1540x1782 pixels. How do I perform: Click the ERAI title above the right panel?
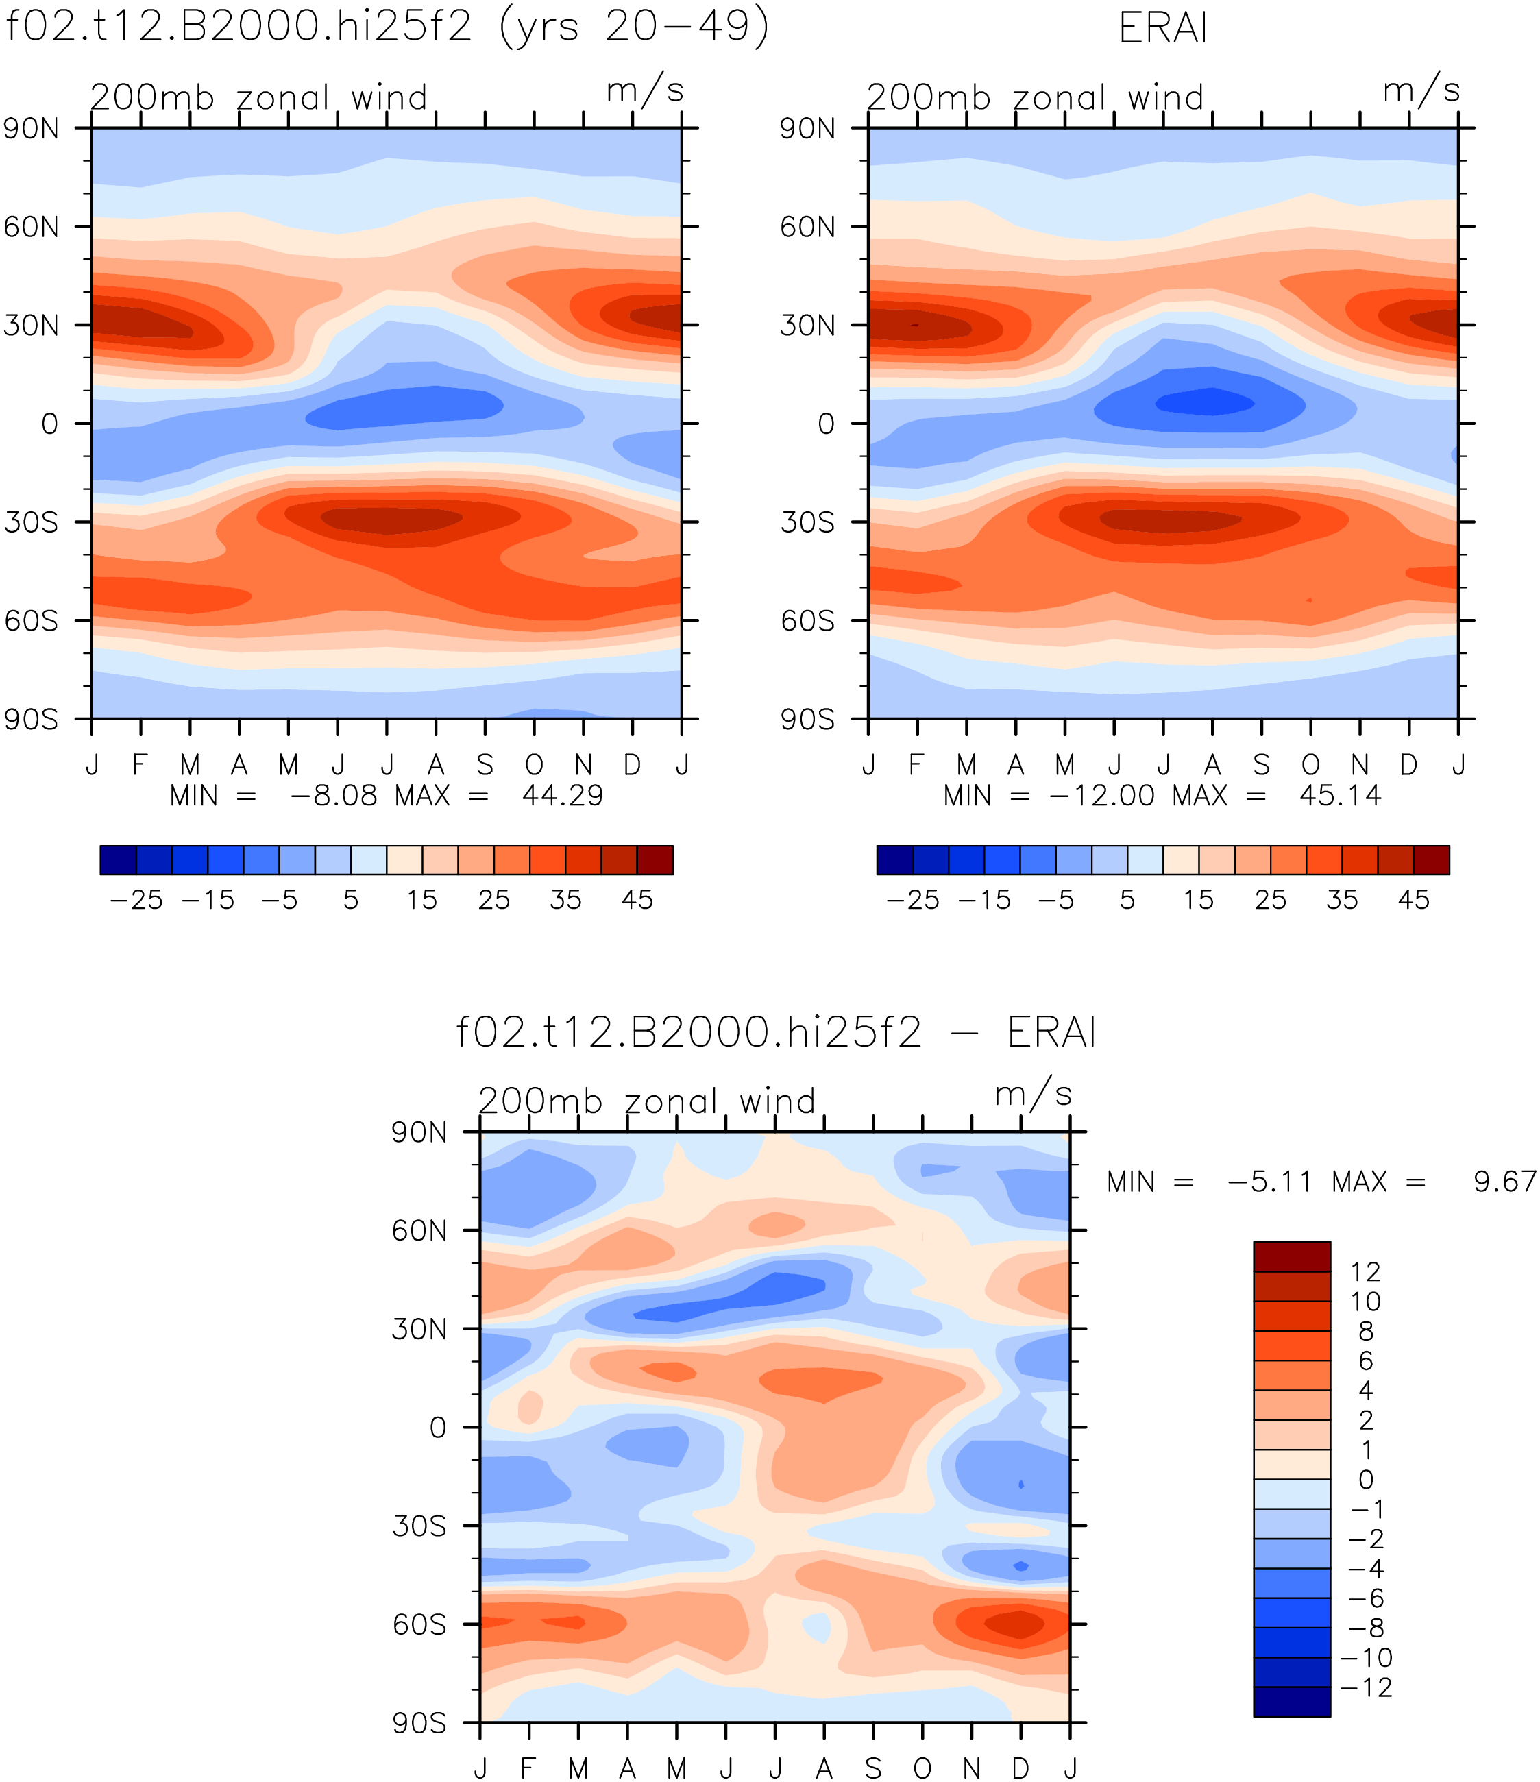click(x=1163, y=28)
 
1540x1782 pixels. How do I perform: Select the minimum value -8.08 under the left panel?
click(x=334, y=796)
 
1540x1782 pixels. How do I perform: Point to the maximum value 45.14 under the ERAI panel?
click(x=1341, y=796)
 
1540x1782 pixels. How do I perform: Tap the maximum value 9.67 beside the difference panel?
click(x=1505, y=1182)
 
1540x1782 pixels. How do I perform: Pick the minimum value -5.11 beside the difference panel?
click(x=1269, y=1182)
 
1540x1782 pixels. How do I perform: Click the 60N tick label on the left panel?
click(x=32, y=227)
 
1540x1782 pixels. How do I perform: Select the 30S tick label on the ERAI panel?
click(x=807, y=522)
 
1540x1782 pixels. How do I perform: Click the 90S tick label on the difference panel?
click(x=419, y=1724)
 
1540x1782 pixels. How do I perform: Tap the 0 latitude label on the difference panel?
click(x=439, y=1428)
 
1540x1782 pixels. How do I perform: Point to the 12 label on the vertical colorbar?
click(x=1365, y=1272)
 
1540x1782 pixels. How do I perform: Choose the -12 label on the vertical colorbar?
click(x=1367, y=1687)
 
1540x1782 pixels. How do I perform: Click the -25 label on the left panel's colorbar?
click(x=136, y=900)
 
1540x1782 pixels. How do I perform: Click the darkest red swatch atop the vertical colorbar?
click(x=1291, y=1256)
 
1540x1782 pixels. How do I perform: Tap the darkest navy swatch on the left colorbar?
click(x=118, y=860)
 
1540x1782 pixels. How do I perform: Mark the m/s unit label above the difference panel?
click(x=1033, y=1093)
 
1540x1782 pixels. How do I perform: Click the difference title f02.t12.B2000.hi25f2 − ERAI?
click(x=776, y=1032)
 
